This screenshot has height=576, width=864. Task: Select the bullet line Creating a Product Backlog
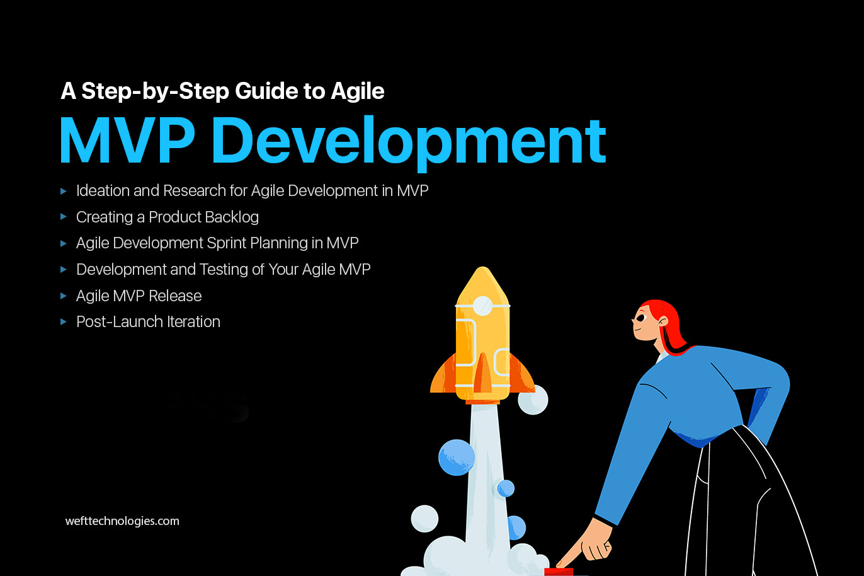pyautogui.click(x=167, y=217)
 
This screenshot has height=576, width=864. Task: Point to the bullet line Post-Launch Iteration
pyautogui.click(x=148, y=322)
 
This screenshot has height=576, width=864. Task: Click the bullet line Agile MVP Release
pyautogui.click(x=139, y=296)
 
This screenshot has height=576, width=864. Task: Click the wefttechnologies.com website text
pyautogui.click(x=122, y=521)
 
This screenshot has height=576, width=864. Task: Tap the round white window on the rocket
pyautogui.click(x=482, y=306)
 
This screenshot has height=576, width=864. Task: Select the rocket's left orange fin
pyautogui.click(x=443, y=375)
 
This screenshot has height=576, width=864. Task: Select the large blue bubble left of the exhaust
pyautogui.click(x=456, y=457)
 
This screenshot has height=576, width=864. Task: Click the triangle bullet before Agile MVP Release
pyautogui.click(x=63, y=296)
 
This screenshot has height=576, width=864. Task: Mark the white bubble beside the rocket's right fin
pyautogui.click(x=533, y=400)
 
